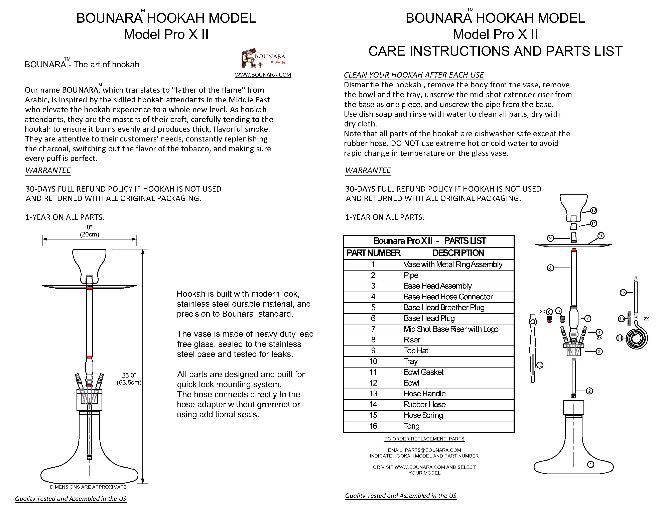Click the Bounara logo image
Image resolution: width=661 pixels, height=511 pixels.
(263, 59)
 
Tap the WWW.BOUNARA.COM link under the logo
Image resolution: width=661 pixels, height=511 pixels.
(263, 75)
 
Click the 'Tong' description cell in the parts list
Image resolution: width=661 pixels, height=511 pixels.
(412, 426)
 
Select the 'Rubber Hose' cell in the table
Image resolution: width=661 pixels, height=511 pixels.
(425, 404)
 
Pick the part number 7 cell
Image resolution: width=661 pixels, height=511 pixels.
(373, 329)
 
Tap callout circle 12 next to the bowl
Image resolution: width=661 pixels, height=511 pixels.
(593, 211)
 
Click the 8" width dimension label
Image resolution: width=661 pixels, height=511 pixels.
(90, 231)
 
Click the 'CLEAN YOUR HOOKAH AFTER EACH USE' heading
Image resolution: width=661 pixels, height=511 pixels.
(414, 75)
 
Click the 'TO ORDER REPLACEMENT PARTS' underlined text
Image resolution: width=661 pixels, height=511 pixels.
(424, 439)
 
